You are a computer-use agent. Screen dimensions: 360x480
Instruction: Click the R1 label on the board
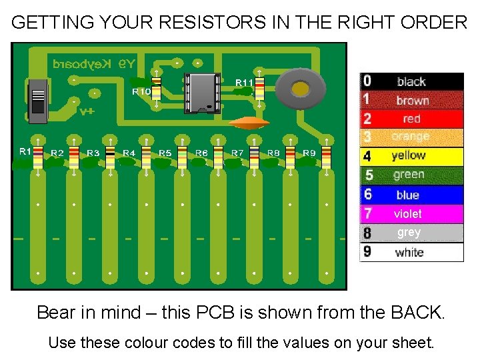tap(25, 151)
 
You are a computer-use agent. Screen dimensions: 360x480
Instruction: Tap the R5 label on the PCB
tap(165, 153)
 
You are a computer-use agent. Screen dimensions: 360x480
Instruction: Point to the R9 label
tap(309, 153)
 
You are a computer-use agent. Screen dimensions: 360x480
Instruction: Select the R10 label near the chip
tap(141, 91)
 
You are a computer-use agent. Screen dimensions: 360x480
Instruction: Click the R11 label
tap(244, 82)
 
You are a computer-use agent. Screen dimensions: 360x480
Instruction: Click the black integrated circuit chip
tap(203, 92)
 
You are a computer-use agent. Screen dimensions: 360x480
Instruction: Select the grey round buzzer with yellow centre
tap(301, 89)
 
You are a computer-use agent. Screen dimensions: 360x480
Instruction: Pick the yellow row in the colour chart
tap(411, 156)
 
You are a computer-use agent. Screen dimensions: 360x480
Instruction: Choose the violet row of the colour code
tap(411, 214)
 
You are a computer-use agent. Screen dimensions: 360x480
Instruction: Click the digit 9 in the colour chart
tap(367, 252)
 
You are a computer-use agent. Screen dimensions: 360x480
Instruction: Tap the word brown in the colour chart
tap(412, 101)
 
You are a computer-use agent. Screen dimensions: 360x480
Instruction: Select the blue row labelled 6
tap(411, 195)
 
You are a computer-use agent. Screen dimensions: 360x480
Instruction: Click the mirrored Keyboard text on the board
tap(94, 64)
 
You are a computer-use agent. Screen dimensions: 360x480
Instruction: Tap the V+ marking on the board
tap(87, 111)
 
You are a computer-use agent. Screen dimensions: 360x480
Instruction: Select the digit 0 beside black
tap(367, 81)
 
